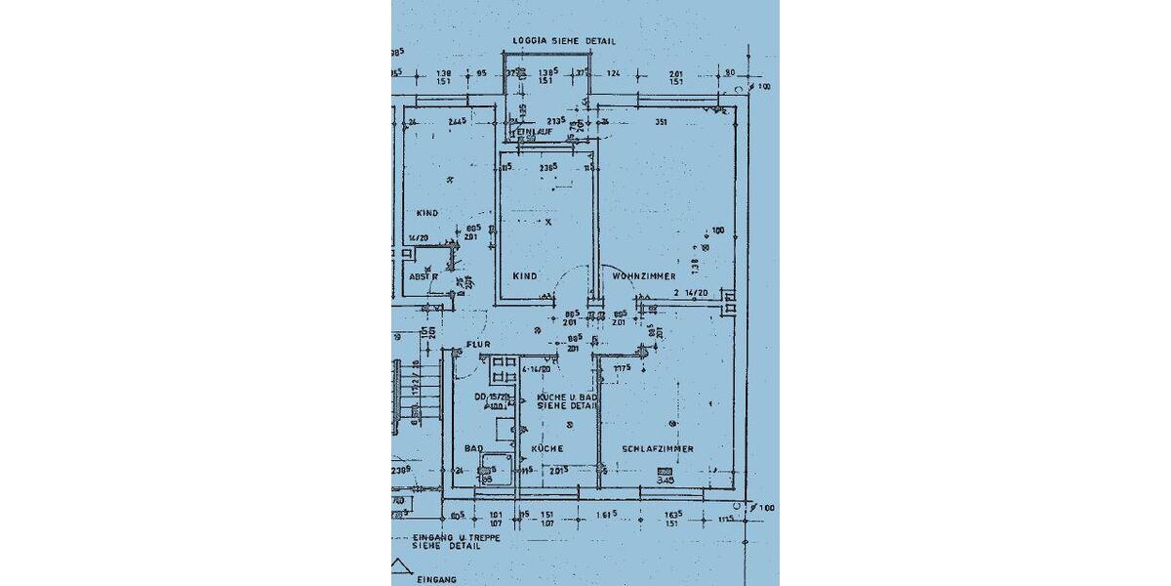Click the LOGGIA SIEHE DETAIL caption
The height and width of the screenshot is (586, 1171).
click(x=564, y=41)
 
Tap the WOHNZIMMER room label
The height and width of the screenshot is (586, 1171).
click(x=644, y=276)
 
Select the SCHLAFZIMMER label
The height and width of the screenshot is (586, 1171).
click(x=658, y=448)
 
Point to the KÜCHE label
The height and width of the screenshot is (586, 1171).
click(x=547, y=448)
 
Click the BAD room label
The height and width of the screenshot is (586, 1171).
click(x=473, y=448)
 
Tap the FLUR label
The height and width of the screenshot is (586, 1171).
click(x=477, y=345)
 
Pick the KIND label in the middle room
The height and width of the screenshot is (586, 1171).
click(x=525, y=276)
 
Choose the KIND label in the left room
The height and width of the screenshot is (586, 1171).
click(x=426, y=213)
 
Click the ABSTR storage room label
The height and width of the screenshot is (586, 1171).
click(x=423, y=276)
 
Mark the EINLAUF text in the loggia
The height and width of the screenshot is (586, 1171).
click(x=534, y=131)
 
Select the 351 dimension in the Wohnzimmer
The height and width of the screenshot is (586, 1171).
click(x=660, y=122)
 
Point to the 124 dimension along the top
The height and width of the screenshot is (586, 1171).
click(x=613, y=74)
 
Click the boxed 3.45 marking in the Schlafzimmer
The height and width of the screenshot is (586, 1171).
click(x=666, y=480)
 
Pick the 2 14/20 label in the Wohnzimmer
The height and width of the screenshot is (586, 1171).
click(x=690, y=292)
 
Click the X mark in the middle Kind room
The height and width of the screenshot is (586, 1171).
click(x=548, y=222)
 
